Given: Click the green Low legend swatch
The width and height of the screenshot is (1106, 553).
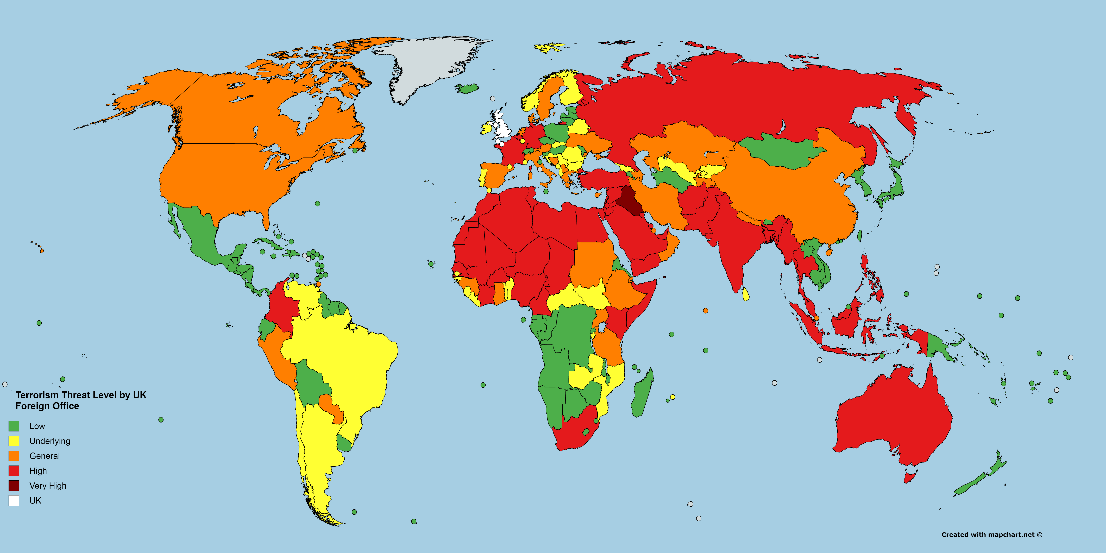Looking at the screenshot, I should click(14, 426).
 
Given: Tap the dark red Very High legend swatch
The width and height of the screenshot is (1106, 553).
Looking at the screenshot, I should click(14, 486).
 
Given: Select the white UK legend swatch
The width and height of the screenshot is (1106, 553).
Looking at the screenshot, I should click(14, 501).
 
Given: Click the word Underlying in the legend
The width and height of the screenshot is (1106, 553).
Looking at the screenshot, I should click(49, 441).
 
